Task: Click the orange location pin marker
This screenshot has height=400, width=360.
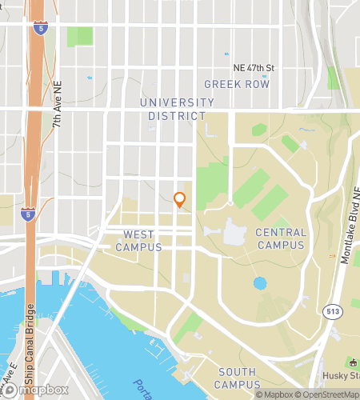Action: [x=180, y=200]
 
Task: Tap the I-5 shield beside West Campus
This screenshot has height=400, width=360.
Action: [x=28, y=214]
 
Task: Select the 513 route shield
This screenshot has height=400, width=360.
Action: [x=331, y=309]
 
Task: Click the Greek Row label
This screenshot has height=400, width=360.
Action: [x=236, y=84]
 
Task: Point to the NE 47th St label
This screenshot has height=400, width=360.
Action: [x=253, y=70]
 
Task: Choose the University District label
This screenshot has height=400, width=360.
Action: [x=177, y=109]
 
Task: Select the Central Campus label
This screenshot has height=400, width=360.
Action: [x=280, y=238]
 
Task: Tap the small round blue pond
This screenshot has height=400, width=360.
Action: [x=260, y=283]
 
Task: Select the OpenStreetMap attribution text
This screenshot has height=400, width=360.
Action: [x=326, y=394]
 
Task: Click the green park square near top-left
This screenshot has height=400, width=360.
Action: [x=79, y=37]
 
